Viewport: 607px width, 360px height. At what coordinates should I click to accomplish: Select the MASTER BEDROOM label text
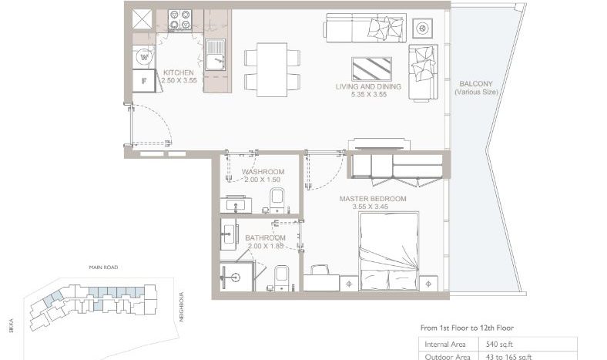pyautogui.click(x=373, y=198)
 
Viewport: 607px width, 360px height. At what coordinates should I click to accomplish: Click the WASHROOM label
pyautogui.click(x=263, y=171)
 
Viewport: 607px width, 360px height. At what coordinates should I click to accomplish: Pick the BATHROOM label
pyautogui.click(x=265, y=237)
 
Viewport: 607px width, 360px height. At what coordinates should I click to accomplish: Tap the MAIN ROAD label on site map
pyautogui.click(x=102, y=270)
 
